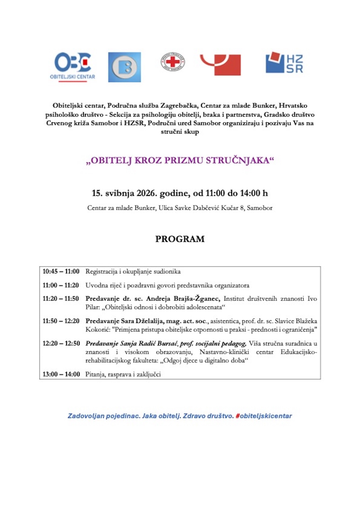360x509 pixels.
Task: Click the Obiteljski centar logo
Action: coord(73,66)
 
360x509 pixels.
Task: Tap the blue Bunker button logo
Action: coord(124,67)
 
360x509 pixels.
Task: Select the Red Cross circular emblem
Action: coord(173,62)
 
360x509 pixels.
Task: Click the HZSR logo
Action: coord(284,63)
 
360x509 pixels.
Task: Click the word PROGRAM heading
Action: coord(180,239)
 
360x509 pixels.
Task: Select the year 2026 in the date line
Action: coord(147,193)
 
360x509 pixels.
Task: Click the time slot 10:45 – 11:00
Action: coord(61,272)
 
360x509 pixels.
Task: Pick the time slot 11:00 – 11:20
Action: coord(61,285)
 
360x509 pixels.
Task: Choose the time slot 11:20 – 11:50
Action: coord(61,299)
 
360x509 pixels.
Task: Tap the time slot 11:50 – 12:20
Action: coord(61,321)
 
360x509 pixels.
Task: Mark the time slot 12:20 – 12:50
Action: coord(61,343)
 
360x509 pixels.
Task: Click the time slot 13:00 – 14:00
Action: coord(61,374)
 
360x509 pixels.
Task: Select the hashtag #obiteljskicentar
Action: coord(264,416)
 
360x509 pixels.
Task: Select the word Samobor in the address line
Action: coord(259,208)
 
